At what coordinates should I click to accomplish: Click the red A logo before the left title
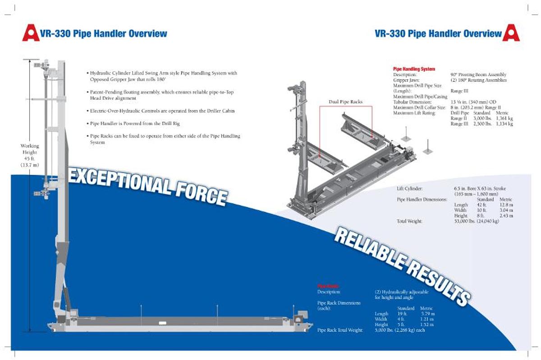(31, 33)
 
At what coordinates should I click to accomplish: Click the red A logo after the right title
(511, 33)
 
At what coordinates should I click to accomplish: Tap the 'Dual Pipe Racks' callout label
(346, 102)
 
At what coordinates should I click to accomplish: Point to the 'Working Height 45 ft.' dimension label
(30, 155)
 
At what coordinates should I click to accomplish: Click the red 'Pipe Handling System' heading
(414, 69)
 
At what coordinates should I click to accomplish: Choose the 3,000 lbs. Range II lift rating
(480, 118)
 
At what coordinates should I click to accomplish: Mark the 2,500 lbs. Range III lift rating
(480, 124)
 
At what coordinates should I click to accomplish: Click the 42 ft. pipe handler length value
(481, 205)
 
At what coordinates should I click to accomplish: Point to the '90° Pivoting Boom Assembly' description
(478, 74)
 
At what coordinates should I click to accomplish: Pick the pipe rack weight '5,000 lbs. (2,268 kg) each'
(399, 330)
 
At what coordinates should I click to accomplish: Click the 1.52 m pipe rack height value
(426, 324)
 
